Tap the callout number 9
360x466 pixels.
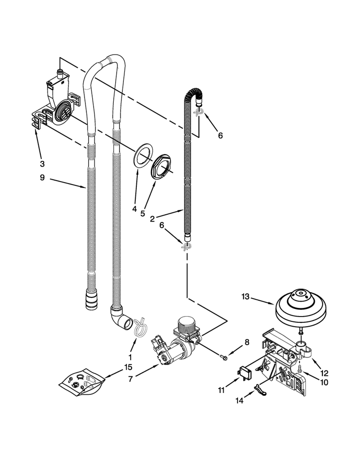pos(42,178)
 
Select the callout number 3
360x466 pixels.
pos(42,162)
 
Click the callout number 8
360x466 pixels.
pos(247,342)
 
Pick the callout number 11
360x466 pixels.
pos(221,391)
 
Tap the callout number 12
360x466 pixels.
pos(324,372)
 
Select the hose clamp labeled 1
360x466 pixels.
pos(138,328)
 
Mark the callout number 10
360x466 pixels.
pos(324,383)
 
